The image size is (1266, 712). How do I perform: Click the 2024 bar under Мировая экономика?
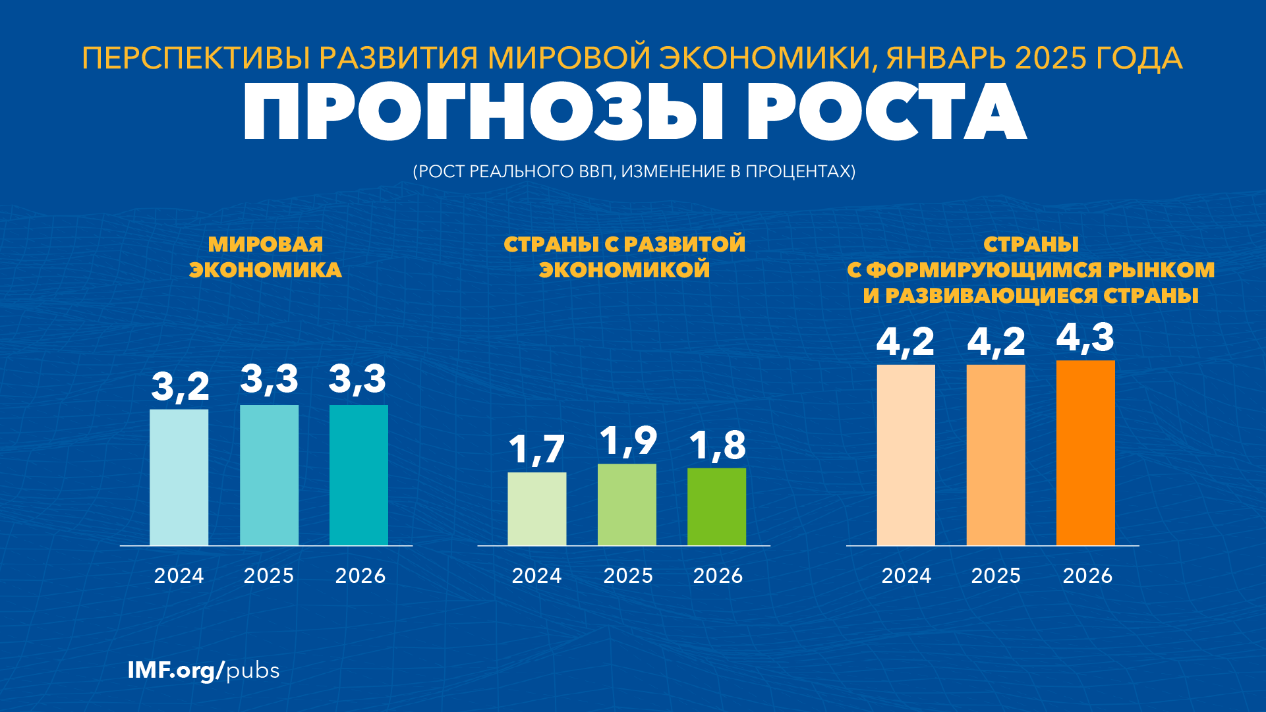(179, 477)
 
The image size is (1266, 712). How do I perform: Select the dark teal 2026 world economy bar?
(359, 475)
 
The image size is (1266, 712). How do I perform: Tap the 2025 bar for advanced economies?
(627, 505)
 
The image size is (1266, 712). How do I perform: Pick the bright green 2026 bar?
(716, 507)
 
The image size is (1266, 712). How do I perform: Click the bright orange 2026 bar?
(1085, 452)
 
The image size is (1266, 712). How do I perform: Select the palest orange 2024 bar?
(906, 454)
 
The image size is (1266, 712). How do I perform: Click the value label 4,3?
(1085, 337)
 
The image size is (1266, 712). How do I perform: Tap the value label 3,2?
(180, 386)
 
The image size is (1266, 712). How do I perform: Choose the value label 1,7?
(536, 450)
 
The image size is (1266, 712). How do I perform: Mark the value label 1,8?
(717, 445)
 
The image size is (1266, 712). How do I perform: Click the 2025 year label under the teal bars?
(269, 576)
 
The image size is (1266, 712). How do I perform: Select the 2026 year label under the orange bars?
(1087, 576)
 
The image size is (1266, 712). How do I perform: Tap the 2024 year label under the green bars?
(536, 576)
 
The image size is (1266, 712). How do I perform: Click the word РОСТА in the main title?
(886, 112)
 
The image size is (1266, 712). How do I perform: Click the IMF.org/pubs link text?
(203, 671)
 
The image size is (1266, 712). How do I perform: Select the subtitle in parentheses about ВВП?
(634, 171)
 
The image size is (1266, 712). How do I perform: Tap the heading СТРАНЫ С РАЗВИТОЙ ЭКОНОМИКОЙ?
(625, 257)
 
